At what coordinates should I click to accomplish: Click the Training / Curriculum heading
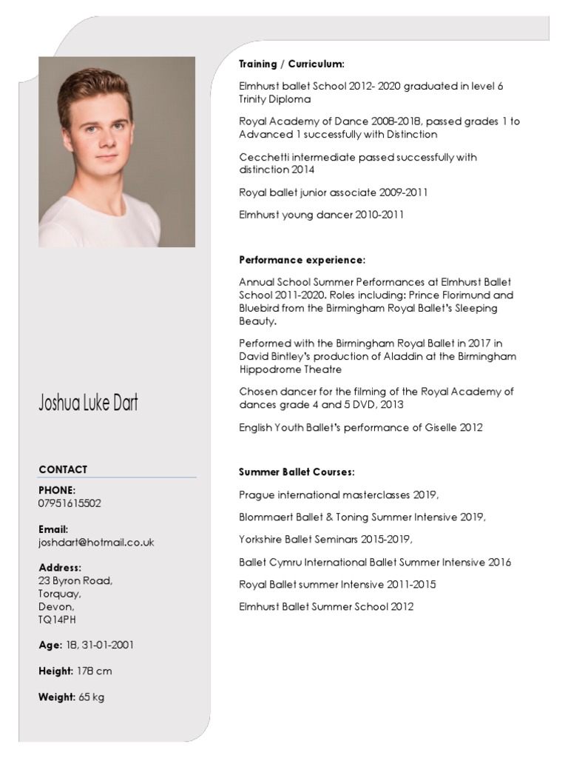click(291, 64)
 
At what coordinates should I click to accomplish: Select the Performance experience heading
click(302, 261)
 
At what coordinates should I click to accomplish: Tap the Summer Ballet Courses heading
click(297, 472)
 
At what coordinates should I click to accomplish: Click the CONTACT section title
click(63, 469)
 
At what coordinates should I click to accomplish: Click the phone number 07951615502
click(70, 503)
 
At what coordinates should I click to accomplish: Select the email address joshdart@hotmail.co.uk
click(96, 543)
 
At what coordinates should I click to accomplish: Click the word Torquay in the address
click(59, 594)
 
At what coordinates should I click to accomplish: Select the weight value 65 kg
click(92, 697)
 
